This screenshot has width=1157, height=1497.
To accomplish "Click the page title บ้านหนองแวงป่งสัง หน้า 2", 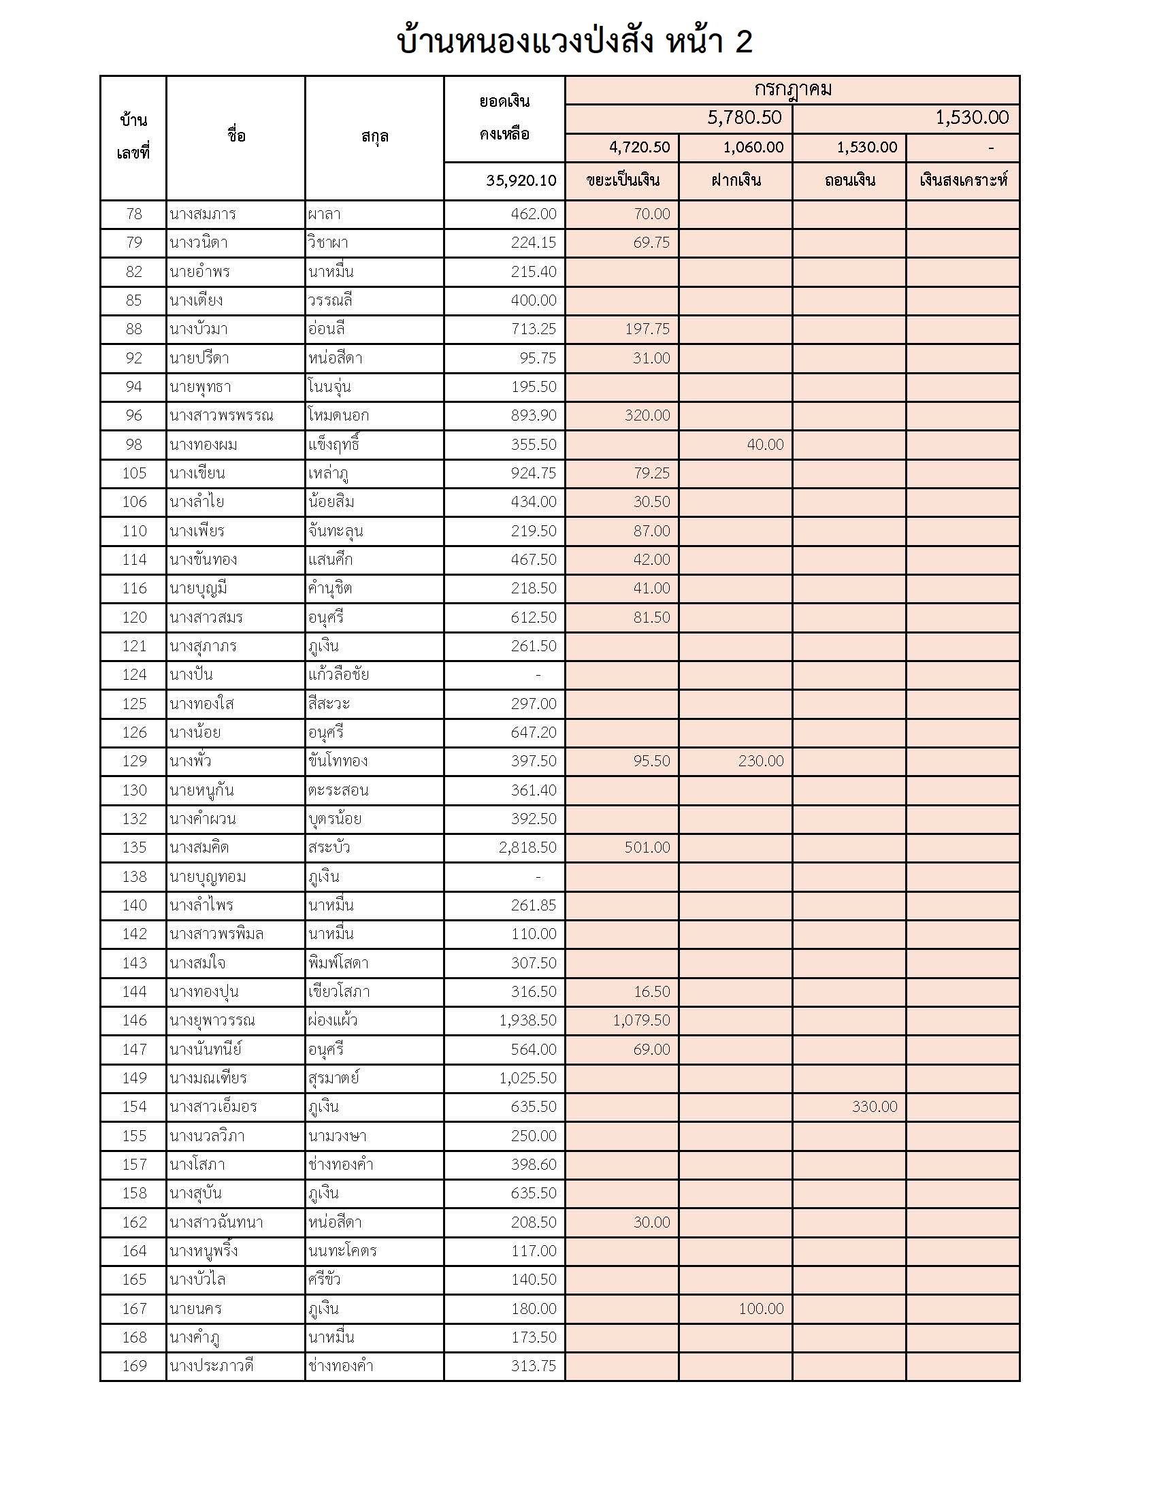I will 574,41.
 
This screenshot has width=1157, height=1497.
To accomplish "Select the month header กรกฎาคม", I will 792,90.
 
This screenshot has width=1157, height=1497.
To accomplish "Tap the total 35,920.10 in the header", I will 521,180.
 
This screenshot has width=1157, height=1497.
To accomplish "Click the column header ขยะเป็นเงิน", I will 622,180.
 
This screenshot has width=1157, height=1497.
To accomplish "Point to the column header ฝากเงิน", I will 736,180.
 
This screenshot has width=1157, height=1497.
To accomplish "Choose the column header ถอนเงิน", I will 849,180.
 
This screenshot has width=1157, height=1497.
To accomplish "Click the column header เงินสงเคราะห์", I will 963,180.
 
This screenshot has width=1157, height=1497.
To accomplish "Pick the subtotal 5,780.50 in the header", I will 744,118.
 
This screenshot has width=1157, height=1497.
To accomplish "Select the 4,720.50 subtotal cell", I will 639,148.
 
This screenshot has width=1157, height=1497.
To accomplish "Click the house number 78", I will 133,214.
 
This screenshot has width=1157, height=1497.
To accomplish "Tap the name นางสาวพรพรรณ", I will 221,415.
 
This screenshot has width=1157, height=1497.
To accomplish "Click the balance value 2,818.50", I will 527,847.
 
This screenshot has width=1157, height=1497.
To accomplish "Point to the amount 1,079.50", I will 641,1020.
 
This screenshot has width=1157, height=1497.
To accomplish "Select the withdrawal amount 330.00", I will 874,1106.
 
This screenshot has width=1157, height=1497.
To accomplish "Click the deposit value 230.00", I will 760,761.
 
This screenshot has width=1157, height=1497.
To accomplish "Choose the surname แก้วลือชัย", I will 338,674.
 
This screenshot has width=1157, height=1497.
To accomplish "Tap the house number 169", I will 133,1366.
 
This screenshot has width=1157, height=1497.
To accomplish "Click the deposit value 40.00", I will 765,444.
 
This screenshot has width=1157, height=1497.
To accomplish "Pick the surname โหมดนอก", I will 338,415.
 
